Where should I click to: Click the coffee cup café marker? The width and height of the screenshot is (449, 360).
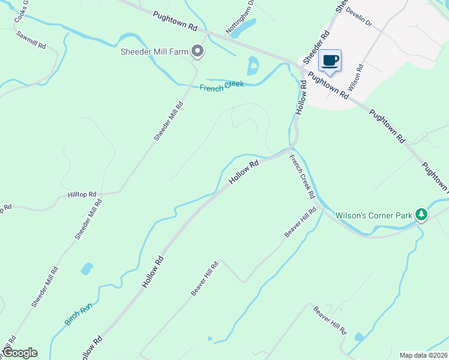[x=330, y=61]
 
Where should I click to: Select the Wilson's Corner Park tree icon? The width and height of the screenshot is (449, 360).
[x=421, y=215]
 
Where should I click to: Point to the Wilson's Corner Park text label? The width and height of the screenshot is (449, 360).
[x=373, y=215]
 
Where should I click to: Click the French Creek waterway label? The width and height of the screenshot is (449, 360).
[x=221, y=86]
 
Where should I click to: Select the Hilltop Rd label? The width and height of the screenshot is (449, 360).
[x=82, y=194]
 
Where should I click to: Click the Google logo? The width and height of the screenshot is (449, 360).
[x=20, y=353]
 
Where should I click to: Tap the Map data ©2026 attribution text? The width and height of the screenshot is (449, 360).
[x=423, y=355]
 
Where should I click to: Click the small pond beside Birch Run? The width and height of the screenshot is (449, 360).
[x=87, y=268]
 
